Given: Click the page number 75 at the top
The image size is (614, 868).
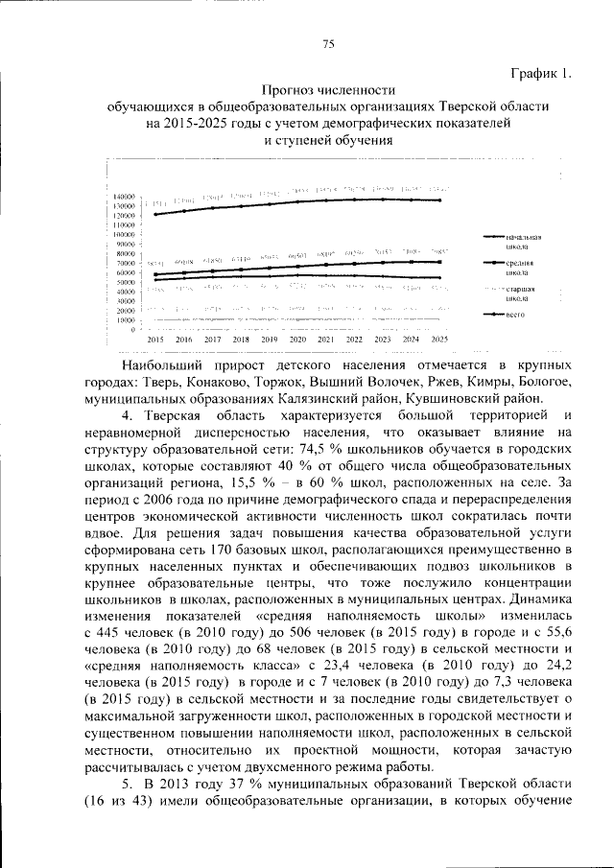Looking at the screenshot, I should (x=328, y=44).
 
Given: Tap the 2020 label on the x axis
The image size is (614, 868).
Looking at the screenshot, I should (x=297, y=340).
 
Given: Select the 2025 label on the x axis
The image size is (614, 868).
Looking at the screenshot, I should (x=439, y=340).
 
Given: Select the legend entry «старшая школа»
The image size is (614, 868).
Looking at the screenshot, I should (x=518, y=293).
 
